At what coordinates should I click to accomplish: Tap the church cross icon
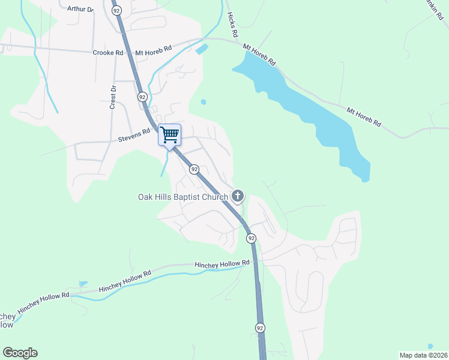238,196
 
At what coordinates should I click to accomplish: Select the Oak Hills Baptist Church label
183,197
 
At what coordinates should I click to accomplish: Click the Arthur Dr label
82,10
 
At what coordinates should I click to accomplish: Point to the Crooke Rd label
108,53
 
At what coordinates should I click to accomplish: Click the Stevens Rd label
134,135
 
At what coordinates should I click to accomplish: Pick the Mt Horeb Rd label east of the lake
364,116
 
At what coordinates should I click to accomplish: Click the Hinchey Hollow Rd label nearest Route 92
221,263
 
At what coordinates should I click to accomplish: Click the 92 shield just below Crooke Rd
142,97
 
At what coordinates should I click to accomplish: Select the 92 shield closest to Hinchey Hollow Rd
251,238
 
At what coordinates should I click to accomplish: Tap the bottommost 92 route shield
259,328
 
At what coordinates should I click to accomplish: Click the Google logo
20,353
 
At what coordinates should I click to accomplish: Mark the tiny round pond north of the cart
203,102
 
